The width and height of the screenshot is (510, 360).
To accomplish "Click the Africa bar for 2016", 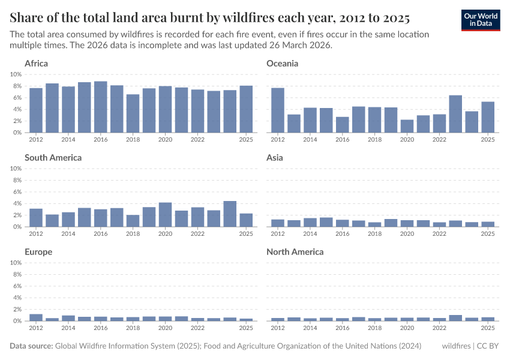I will pos(101,107).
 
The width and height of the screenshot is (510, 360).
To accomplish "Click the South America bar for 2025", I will pos(246,220).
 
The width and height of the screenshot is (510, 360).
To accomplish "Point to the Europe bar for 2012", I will pos(36,317).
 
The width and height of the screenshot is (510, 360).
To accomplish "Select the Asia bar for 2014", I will pos(310,223).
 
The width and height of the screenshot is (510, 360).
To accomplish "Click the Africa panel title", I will pos(36,64).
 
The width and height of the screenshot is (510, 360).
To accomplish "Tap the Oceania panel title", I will pos(282,64).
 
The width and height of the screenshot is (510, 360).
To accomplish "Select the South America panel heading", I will pos(53,158).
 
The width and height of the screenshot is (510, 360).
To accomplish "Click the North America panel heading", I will pos(295,252).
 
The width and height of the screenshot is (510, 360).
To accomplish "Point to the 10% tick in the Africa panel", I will pos(16,74).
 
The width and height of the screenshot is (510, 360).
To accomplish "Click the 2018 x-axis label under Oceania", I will pos(375,139).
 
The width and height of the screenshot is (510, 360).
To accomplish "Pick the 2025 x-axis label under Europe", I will pos(246,328).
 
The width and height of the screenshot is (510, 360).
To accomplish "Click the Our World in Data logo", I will pos(481,20).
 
